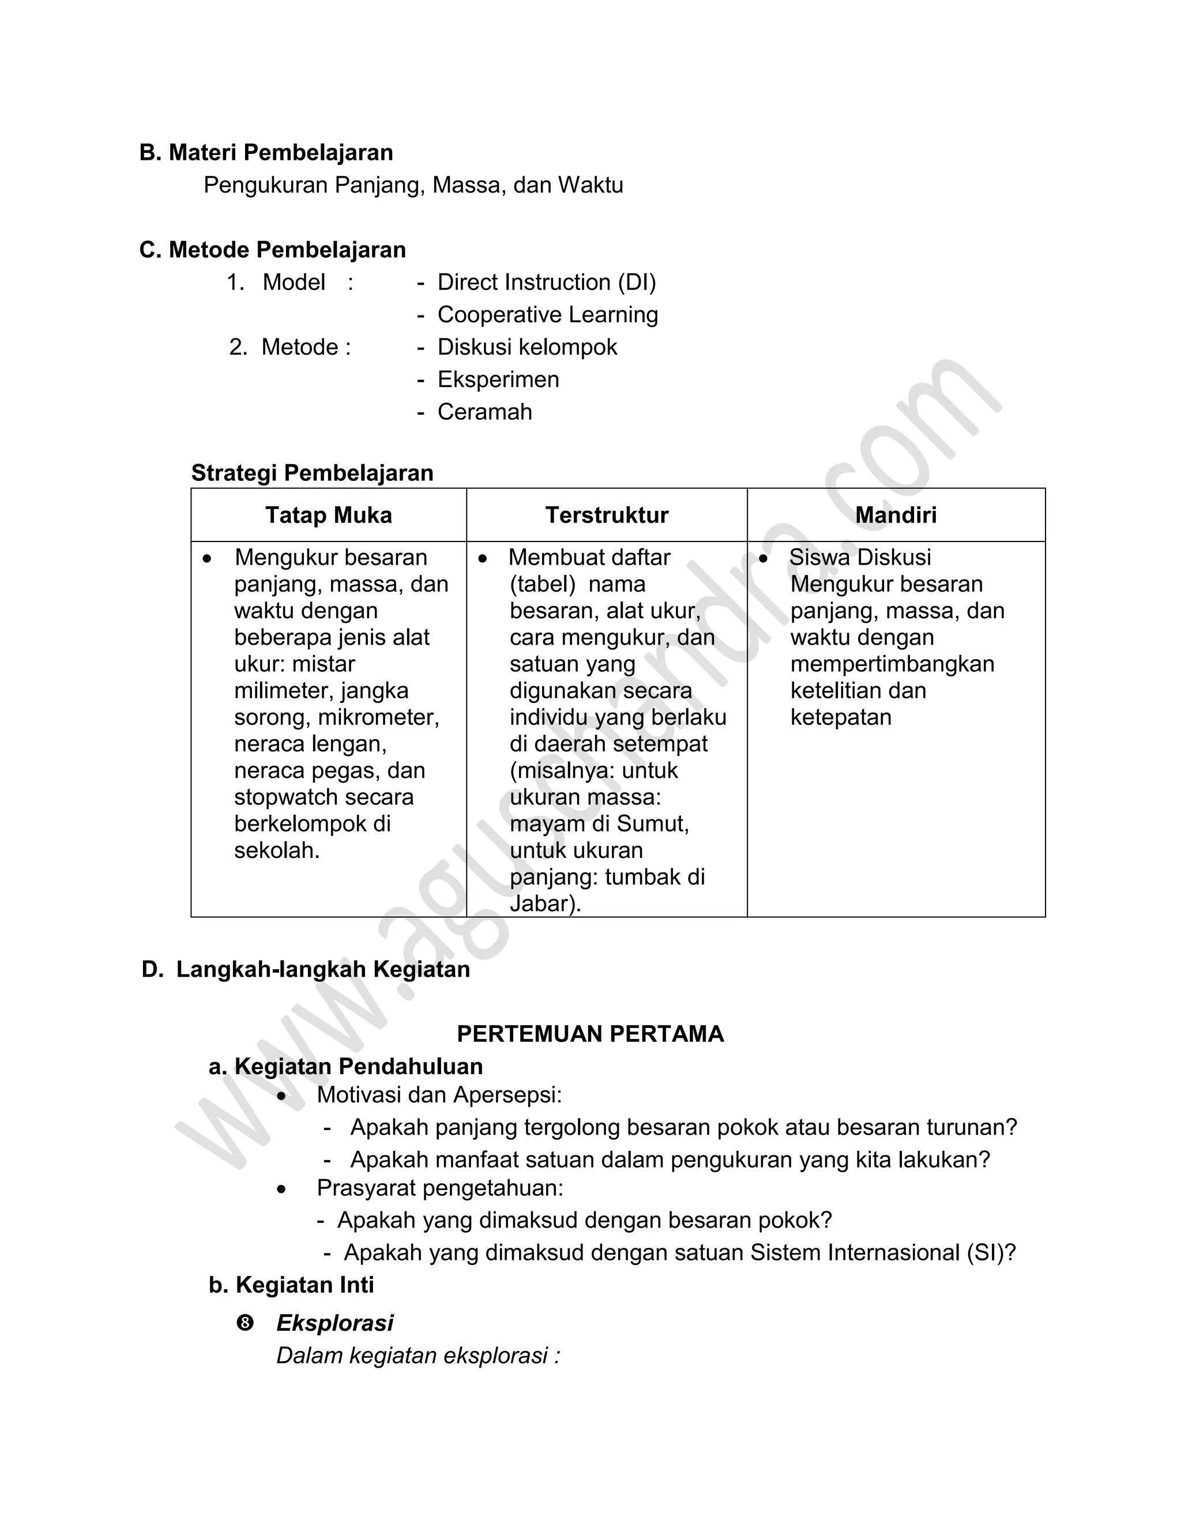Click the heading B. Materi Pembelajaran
tap(266, 153)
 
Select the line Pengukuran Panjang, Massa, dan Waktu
tap(413, 186)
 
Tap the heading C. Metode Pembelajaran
tap(272, 250)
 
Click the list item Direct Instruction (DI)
tap(547, 283)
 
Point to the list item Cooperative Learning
tap(547, 315)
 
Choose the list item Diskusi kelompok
tap(527, 347)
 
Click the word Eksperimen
tap(498, 379)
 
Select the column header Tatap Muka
tap(328, 515)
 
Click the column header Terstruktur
tap(607, 515)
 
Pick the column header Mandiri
tap(896, 515)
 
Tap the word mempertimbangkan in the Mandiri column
tap(892, 664)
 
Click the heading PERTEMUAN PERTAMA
tap(590, 1034)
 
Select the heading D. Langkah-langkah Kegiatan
tap(306, 970)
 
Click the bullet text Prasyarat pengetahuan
tap(439, 1188)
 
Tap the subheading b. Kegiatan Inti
tap(291, 1285)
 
